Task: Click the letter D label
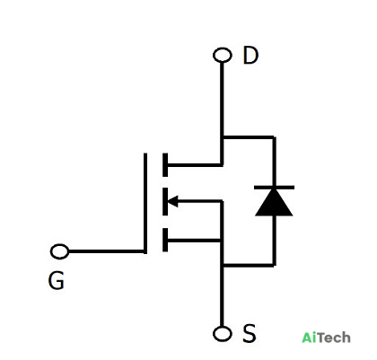click(250, 56)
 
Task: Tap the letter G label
click(57, 280)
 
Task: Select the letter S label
click(250, 333)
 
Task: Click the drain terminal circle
click(223, 56)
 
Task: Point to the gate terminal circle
click(60, 251)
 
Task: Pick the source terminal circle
click(223, 334)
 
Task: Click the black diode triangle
click(274, 202)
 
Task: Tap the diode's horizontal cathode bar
click(274, 188)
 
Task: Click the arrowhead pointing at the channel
click(172, 201)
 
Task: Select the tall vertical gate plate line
click(145, 204)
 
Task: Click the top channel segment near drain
click(165, 164)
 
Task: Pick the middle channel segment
click(165, 201)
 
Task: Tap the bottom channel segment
click(165, 240)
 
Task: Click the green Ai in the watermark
click(309, 338)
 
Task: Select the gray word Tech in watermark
click(333, 338)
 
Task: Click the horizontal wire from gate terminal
click(107, 251)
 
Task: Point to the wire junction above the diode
click(223, 137)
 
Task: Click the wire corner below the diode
click(274, 265)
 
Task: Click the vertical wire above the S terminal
click(222, 296)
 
